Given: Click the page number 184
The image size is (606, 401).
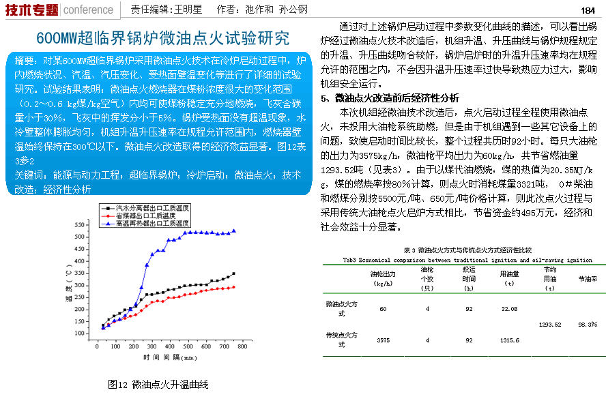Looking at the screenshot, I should (x=588, y=10).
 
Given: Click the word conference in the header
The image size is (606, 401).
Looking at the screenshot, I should (x=88, y=10).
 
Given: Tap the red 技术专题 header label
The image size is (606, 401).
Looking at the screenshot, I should (x=30, y=10).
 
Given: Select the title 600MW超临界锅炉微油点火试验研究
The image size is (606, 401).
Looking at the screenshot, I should (x=162, y=38).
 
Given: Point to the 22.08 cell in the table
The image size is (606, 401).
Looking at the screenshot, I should (x=509, y=310).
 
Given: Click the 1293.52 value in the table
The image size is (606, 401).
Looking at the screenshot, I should (x=549, y=325).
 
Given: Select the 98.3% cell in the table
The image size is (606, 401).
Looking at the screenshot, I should (x=588, y=325).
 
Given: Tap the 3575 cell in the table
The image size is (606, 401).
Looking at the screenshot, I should (x=383, y=340).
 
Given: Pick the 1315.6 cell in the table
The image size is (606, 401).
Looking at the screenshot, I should (x=509, y=340).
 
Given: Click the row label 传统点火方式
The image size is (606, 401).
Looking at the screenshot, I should (x=342, y=339).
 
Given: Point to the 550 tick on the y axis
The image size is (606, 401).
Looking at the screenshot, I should (x=79, y=224).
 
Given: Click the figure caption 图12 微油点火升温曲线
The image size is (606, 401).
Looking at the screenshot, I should (x=158, y=385).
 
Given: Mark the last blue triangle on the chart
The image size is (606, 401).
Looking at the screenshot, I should (x=234, y=231).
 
